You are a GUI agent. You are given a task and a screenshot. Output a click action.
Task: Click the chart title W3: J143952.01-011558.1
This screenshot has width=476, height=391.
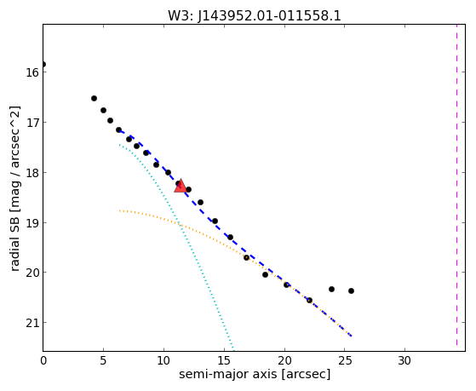click(255, 15)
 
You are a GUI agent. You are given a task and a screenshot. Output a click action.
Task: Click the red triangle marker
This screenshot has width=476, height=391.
click(181, 187)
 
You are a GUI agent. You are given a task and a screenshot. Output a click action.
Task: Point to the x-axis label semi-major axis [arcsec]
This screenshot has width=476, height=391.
click(255, 374)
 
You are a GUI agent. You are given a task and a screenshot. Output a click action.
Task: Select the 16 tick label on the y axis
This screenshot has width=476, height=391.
click(32, 72)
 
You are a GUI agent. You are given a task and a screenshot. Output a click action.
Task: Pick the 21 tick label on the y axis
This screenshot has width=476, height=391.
click(32, 323)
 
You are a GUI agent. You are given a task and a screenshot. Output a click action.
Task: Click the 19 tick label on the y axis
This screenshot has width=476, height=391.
click(32, 223)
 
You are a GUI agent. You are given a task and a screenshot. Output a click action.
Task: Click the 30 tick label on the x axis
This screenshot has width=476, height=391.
click(404, 360)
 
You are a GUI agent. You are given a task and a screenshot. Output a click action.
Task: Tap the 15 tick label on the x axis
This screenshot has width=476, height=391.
click(224, 360)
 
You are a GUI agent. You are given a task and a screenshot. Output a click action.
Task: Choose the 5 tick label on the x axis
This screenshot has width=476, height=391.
click(103, 360)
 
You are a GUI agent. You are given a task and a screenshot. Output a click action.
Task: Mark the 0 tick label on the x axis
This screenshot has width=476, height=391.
click(43, 360)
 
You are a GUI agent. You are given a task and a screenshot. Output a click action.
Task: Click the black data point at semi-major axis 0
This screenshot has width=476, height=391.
click(43, 64)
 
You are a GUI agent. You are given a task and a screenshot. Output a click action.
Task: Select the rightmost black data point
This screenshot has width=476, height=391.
click(351, 290)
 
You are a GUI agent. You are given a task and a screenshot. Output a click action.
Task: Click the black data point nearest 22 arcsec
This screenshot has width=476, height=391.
click(309, 300)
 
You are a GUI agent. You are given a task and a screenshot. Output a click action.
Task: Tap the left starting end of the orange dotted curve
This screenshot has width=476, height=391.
click(120, 210)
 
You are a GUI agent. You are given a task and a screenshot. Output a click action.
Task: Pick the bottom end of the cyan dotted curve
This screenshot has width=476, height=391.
click(232, 348)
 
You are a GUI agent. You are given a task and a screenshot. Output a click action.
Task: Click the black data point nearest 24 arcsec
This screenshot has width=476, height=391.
click(331, 289)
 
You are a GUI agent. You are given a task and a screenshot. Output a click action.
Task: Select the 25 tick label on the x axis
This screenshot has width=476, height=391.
click(345, 360)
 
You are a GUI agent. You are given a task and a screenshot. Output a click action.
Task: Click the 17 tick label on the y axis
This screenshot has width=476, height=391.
click(32, 123)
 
